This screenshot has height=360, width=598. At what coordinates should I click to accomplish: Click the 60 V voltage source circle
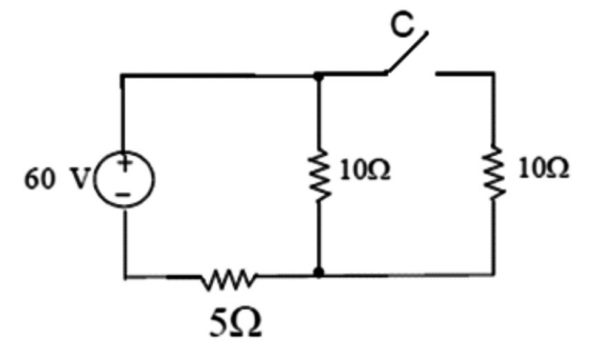tap(96, 180)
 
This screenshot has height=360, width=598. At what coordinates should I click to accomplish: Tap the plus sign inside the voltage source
tap(125, 163)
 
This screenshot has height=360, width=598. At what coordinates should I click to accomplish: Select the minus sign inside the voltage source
tap(123, 195)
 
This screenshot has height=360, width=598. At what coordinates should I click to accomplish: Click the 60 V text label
tap(57, 179)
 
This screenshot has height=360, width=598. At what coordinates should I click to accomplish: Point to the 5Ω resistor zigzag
tap(229, 280)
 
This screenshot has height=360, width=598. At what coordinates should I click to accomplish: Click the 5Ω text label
tap(236, 323)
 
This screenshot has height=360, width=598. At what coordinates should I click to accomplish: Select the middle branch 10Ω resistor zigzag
tap(320, 174)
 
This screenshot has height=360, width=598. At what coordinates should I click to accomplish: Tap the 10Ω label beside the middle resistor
tap(365, 170)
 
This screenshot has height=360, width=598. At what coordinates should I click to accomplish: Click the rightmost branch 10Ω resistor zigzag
tap(495, 171)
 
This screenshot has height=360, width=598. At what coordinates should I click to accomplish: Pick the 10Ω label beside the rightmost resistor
tap(544, 168)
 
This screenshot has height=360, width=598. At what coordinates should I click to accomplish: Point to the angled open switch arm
tap(407, 53)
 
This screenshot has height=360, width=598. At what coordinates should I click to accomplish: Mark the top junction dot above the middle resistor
tap(318, 77)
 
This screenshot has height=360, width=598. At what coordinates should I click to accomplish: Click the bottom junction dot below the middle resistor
tap(318, 272)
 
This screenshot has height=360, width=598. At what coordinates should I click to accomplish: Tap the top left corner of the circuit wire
tap(122, 75)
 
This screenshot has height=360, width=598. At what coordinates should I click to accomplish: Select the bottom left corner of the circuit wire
tap(125, 276)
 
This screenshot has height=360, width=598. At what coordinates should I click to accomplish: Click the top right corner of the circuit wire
tap(495, 73)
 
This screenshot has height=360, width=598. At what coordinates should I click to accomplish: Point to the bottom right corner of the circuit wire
tap(494, 274)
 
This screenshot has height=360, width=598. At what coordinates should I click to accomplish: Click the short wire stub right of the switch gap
tap(466, 73)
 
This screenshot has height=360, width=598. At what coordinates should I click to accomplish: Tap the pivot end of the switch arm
tap(386, 73)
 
